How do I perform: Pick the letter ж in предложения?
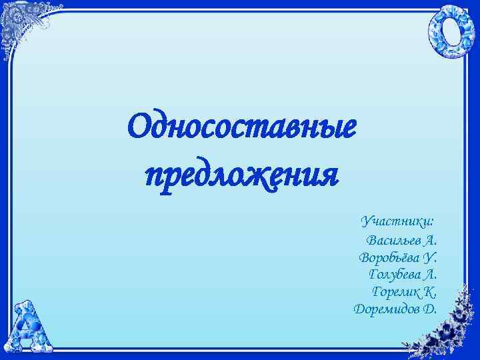click(x=257, y=176)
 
